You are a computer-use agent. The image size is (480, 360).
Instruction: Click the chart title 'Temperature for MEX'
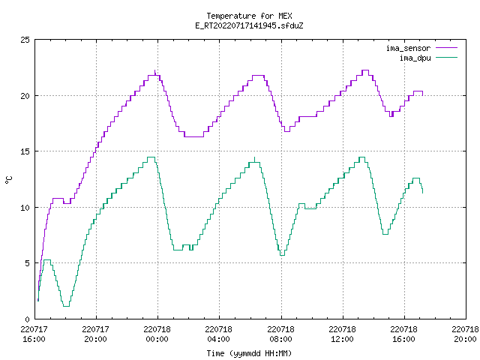249,16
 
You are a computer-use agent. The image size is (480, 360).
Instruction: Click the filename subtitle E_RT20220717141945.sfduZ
249,25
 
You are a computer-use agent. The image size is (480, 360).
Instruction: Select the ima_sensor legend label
408,48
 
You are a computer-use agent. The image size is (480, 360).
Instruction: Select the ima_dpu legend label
415,58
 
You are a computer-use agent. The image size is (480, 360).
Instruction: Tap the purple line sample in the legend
447,48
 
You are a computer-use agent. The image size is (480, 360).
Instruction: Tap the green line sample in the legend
447,58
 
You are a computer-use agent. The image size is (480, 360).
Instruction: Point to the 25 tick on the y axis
25,40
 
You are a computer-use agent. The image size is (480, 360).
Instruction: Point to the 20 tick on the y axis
25,96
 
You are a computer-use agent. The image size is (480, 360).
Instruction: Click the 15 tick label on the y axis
25,151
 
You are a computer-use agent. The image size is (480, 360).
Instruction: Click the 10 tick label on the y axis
25,208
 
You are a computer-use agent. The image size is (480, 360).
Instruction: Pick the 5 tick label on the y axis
28,263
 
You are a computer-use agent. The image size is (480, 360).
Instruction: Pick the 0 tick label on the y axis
28,319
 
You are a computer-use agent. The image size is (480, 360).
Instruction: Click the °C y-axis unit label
9,180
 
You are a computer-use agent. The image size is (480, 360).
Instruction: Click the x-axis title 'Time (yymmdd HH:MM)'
249,353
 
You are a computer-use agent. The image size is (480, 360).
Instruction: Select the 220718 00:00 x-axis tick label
157,334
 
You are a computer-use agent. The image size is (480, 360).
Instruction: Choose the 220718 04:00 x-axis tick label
218,334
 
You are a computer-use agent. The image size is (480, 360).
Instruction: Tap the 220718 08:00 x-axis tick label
280,334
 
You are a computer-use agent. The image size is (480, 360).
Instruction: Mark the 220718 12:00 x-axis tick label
342,334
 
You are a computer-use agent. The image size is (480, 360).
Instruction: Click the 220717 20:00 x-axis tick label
95,334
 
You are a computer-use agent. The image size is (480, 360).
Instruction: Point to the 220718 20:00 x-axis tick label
465,334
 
